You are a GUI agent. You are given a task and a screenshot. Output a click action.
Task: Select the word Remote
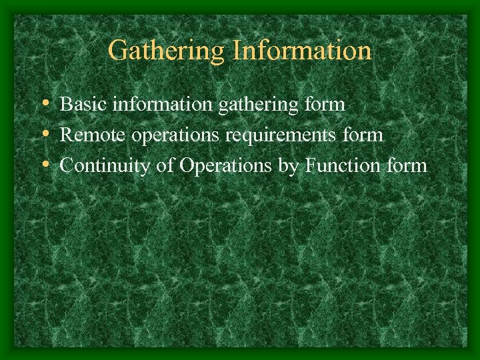[93, 135]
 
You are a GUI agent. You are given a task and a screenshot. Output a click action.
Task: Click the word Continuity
[105, 166]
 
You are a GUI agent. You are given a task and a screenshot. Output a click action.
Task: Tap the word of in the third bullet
[165, 165]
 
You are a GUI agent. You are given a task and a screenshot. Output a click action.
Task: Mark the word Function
[343, 165]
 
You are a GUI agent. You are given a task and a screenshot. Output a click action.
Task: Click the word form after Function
[405, 165]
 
